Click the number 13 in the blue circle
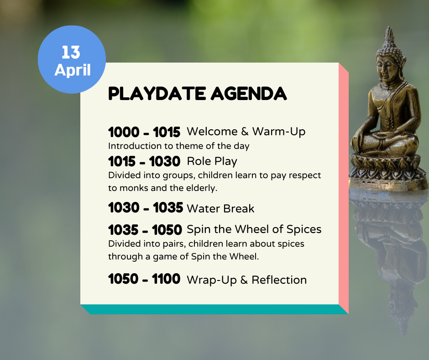(x=71, y=52)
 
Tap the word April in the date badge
(x=73, y=70)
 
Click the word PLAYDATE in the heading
(x=157, y=94)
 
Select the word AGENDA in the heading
(x=249, y=94)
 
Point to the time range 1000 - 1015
(x=144, y=132)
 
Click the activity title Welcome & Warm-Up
(x=246, y=132)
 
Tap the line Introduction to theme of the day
(x=178, y=146)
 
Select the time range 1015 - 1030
(x=144, y=161)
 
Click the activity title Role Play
(x=212, y=161)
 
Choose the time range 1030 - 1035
(x=146, y=208)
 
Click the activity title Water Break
(x=220, y=209)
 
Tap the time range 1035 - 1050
(x=145, y=230)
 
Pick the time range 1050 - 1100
(x=144, y=279)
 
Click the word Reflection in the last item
(x=279, y=280)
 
